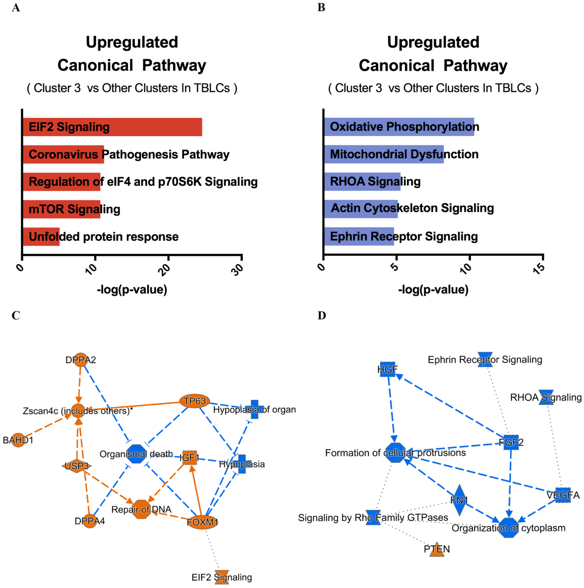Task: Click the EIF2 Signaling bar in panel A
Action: pos(112,127)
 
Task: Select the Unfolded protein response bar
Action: pos(41,236)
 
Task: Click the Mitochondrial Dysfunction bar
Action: pos(384,154)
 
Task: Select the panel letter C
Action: pos(16,316)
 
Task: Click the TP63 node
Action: pos(195,401)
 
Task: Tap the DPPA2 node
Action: pos(81,360)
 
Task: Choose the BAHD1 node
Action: pos(18,440)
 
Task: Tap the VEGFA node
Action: pos(563,495)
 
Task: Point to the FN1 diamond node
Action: pos(459,500)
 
